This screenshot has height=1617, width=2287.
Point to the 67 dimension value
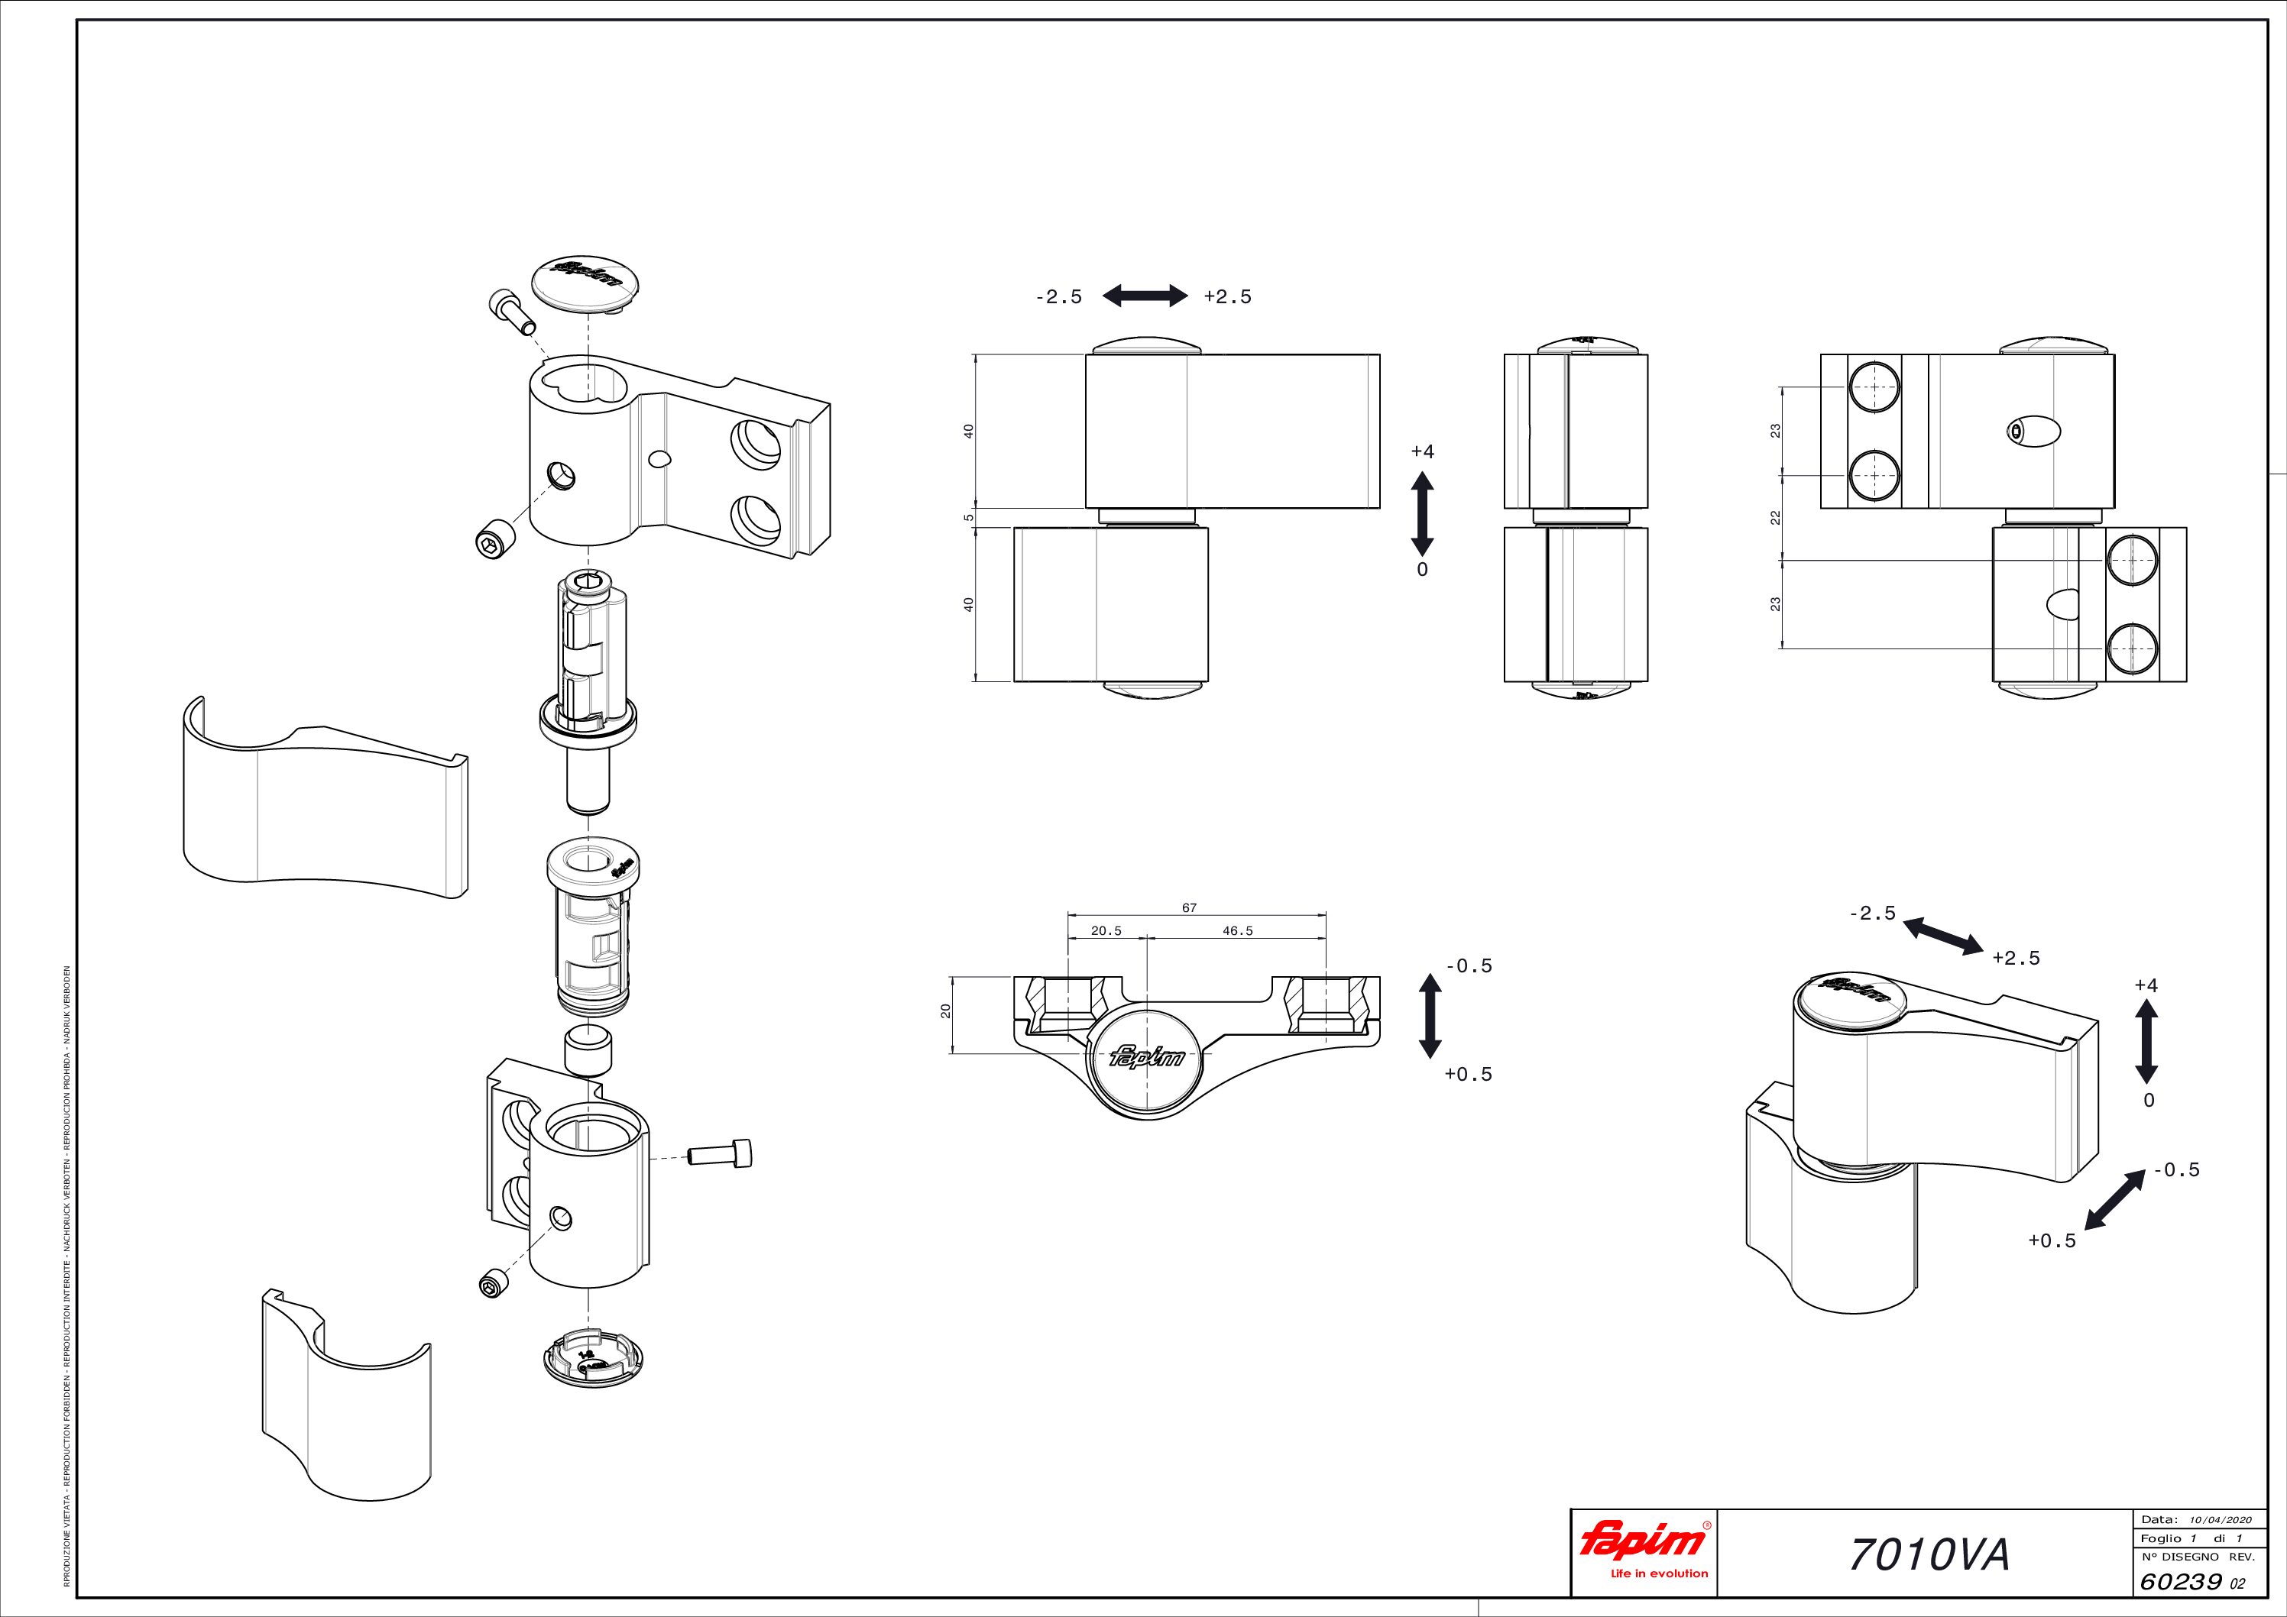(x=1188, y=907)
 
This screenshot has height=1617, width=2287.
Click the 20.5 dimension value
(x=1106, y=931)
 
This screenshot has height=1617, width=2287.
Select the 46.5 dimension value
(x=1236, y=931)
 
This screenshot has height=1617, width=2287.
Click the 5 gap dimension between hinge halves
(x=967, y=518)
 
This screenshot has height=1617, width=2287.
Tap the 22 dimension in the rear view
(x=1775, y=518)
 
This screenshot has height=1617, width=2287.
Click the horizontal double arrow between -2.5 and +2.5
(x=1145, y=295)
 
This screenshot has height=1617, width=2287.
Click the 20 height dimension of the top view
(x=946, y=1011)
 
